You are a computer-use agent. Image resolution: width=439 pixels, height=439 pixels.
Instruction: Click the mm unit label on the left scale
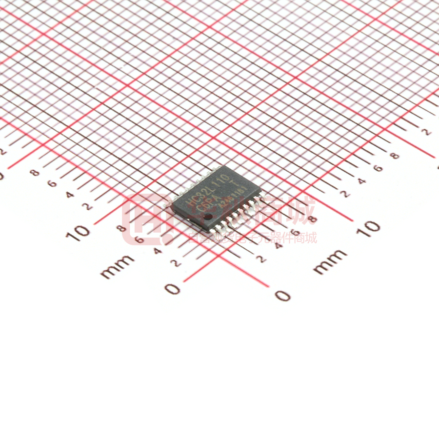118,266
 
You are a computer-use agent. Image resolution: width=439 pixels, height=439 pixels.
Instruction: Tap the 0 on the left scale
172,289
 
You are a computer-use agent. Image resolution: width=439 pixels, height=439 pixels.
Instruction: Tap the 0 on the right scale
282,295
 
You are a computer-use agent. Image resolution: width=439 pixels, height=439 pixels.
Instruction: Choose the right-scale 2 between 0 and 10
262,259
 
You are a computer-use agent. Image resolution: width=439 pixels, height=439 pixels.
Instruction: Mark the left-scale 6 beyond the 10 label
52,184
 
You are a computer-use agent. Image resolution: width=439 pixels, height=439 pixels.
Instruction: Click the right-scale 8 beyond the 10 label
395,156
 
